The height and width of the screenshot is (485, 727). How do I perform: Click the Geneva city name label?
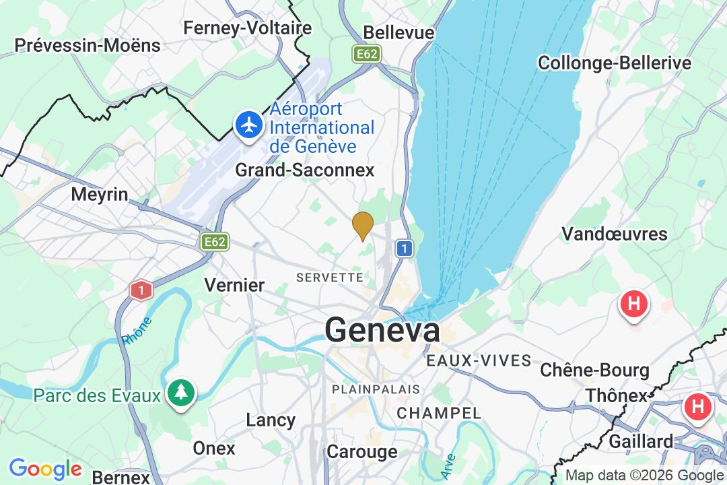382,330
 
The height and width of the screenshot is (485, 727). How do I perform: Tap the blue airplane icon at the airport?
250,125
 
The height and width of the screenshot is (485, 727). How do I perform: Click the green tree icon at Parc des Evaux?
181,392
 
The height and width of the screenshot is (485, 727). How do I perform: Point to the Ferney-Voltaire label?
248,28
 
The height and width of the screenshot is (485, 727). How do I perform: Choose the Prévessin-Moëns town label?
88,46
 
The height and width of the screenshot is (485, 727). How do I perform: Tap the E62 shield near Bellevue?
368,54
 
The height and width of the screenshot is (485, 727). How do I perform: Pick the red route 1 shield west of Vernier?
141,290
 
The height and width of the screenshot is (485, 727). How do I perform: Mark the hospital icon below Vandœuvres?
633,304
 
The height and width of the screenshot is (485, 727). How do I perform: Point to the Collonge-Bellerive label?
614,63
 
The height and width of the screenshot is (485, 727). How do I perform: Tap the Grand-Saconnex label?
304,170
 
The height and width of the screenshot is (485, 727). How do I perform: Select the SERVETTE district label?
330,278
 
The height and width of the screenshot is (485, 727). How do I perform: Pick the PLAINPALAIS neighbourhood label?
376,389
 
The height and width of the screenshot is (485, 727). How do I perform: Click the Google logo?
45,469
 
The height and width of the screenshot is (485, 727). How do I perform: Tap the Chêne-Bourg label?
594,370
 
